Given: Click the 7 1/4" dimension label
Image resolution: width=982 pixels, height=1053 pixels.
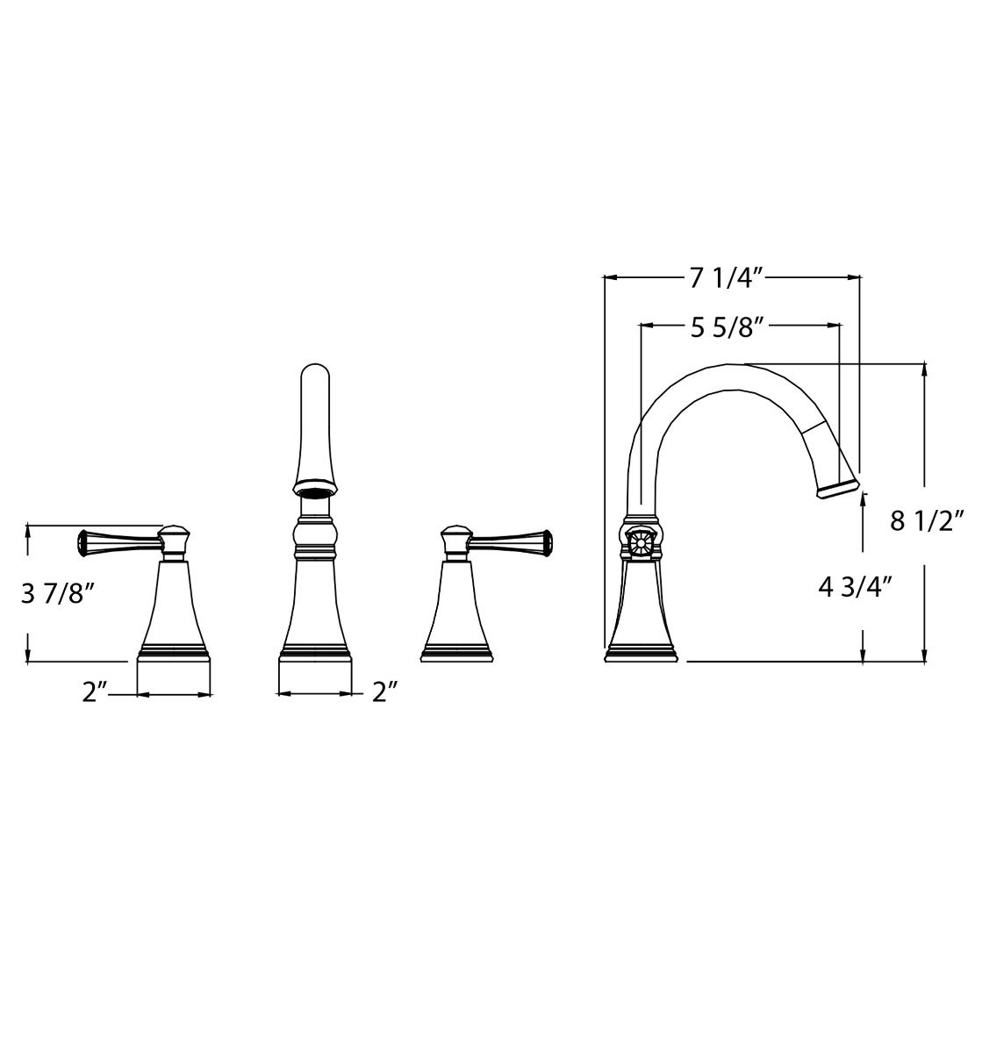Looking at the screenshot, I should (x=728, y=278).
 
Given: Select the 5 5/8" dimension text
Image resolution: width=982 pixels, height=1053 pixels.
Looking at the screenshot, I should (x=728, y=327).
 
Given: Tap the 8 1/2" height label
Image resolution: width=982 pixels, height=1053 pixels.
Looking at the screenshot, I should (x=927, y=520).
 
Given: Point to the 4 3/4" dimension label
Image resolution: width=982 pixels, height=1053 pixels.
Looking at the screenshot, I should (x=855, y=585).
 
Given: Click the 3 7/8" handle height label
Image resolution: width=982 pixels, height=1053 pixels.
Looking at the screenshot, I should (x=57, y=594).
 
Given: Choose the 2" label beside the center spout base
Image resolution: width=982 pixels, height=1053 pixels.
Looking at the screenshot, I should (x=384, y=692).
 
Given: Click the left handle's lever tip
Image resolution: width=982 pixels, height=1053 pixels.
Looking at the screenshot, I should (x=84, y=544).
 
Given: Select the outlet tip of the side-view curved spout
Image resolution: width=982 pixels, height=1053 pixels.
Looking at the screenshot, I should (x=838, y=490).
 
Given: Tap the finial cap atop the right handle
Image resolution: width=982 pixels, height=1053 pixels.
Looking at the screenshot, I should (x=455, y=534).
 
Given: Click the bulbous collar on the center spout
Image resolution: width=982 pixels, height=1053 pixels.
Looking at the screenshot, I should (x=314, y=534).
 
